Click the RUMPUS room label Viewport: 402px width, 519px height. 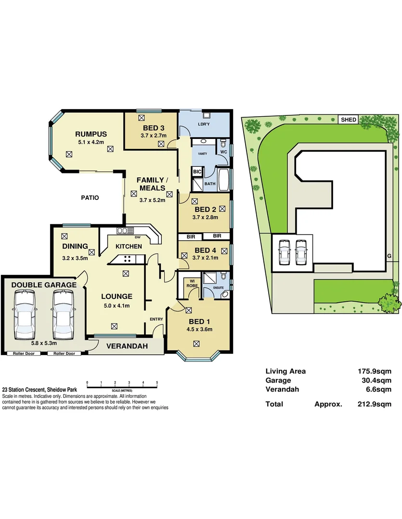pyautogui.click(x=91, y=134)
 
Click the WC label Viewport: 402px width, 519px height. pyautogui.click(x=223, y=152)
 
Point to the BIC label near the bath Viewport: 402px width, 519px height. pyautogui.click(x=197, y=172)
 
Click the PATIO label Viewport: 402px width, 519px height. pyautogui.click(x=90, y=197)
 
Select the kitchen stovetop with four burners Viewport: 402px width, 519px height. pyautogui.click(x=128, y=259)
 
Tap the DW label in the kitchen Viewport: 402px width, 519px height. pyautogui.click(x=137, y=237)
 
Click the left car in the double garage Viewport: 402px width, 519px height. pyautogui.click(x=25, y=315)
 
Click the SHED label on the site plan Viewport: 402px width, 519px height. pyautogui.click(x=348, y=120)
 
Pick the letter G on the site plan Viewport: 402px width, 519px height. pyautogui.click(x=389, y=256)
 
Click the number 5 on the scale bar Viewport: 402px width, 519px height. pyautogui.click(x=157, y=383)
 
